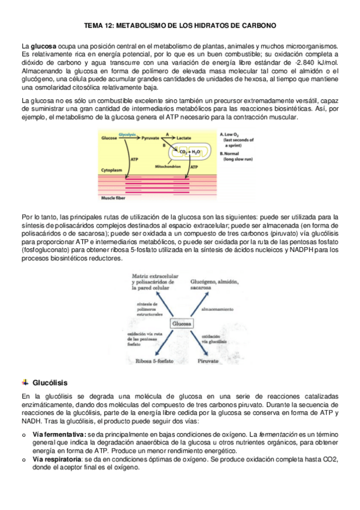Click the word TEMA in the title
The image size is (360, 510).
94,26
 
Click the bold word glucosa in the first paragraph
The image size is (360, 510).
43,46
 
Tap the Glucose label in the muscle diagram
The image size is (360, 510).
109,137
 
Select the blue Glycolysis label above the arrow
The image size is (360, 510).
127,133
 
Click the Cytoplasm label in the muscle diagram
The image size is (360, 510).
113,170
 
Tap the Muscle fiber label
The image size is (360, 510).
115,196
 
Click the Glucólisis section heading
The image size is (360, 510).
50,382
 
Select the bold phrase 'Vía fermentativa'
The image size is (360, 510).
59,434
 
